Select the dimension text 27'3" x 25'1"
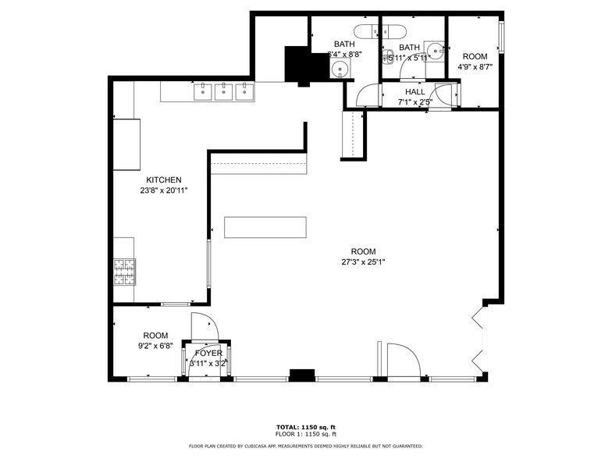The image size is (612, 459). tap(362, 262)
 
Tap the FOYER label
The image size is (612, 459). tap(208, 354)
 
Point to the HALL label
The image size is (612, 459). tap(415, 91)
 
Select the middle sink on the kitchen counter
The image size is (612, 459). tap(224, 91)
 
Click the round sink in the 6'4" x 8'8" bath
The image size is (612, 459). tap(339, 69)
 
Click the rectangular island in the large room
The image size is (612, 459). tap(265, 227)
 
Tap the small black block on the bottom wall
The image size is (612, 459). tap(301, 375)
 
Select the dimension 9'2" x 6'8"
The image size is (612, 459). tap(155, 346)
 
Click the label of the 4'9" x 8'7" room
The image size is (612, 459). tap(475, 57)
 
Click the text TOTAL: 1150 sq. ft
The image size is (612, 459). tap(305, 427)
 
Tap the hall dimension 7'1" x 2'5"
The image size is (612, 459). tap(415, 101)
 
